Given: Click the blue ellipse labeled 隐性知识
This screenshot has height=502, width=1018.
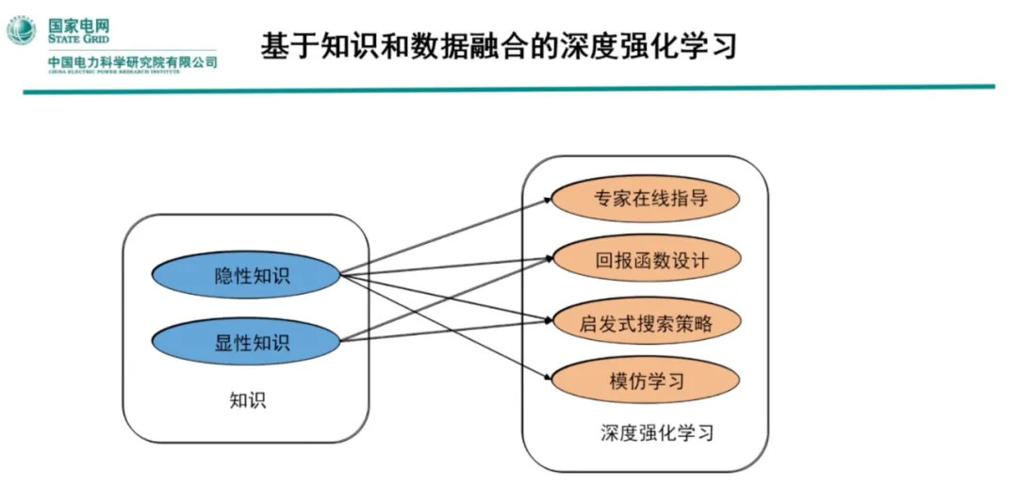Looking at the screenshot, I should (x=246, y=275).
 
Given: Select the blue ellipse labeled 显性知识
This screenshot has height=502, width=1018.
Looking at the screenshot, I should (x=246, y=341).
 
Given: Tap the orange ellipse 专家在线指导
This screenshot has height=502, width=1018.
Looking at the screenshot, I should (x=645, y=199).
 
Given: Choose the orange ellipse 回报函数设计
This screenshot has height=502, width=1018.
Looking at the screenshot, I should (x=645, y=260).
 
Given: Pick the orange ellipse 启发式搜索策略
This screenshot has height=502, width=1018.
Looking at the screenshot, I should (x=645, y=323).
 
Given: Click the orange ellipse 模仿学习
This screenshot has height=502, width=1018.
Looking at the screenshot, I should (x=645, y=381).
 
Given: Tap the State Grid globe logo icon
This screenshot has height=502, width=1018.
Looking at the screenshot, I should (x=22, y=30).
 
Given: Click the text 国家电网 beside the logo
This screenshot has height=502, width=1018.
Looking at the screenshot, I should (x=78, y=24).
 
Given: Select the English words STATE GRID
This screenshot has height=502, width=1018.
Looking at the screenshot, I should (x=78, y=40).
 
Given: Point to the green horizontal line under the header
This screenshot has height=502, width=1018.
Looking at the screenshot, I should (x=509, y=89).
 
